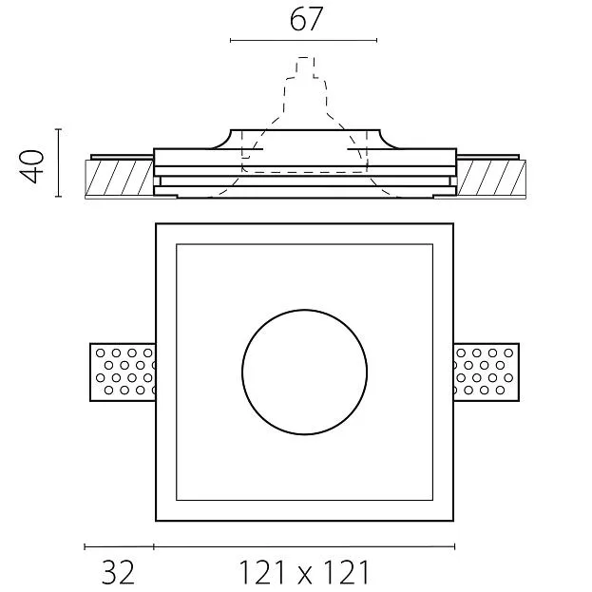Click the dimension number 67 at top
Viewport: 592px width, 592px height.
tap(306, 19)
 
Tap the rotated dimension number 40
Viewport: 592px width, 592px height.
tap(31, 166)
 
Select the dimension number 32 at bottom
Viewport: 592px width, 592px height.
tap(118, 572)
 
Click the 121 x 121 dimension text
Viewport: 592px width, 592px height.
tap(304, 572)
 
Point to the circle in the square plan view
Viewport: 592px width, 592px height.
tap(304, 372)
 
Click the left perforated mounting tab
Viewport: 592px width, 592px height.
tap(123, 372)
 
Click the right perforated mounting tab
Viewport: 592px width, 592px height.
tap(487, 372)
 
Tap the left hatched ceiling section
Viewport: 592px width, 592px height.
tap(120, 179)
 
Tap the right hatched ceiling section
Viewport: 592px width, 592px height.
tap(491, 179)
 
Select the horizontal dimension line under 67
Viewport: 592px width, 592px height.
tap(303, 40)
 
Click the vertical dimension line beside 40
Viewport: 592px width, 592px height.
tap(59, 162)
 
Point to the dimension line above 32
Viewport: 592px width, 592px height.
tap(119, 546)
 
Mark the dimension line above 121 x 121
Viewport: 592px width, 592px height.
tap(304, 546)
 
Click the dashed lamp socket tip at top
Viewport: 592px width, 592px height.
tap(305, 58)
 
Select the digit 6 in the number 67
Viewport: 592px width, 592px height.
tap(297, 20)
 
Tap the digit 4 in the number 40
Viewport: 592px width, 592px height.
tap(31, 175)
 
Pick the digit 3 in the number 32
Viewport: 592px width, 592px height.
tap(109, 573)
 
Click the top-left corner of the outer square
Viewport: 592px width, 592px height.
tap(156, 224)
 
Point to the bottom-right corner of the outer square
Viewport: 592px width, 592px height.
tap(453, 521)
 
